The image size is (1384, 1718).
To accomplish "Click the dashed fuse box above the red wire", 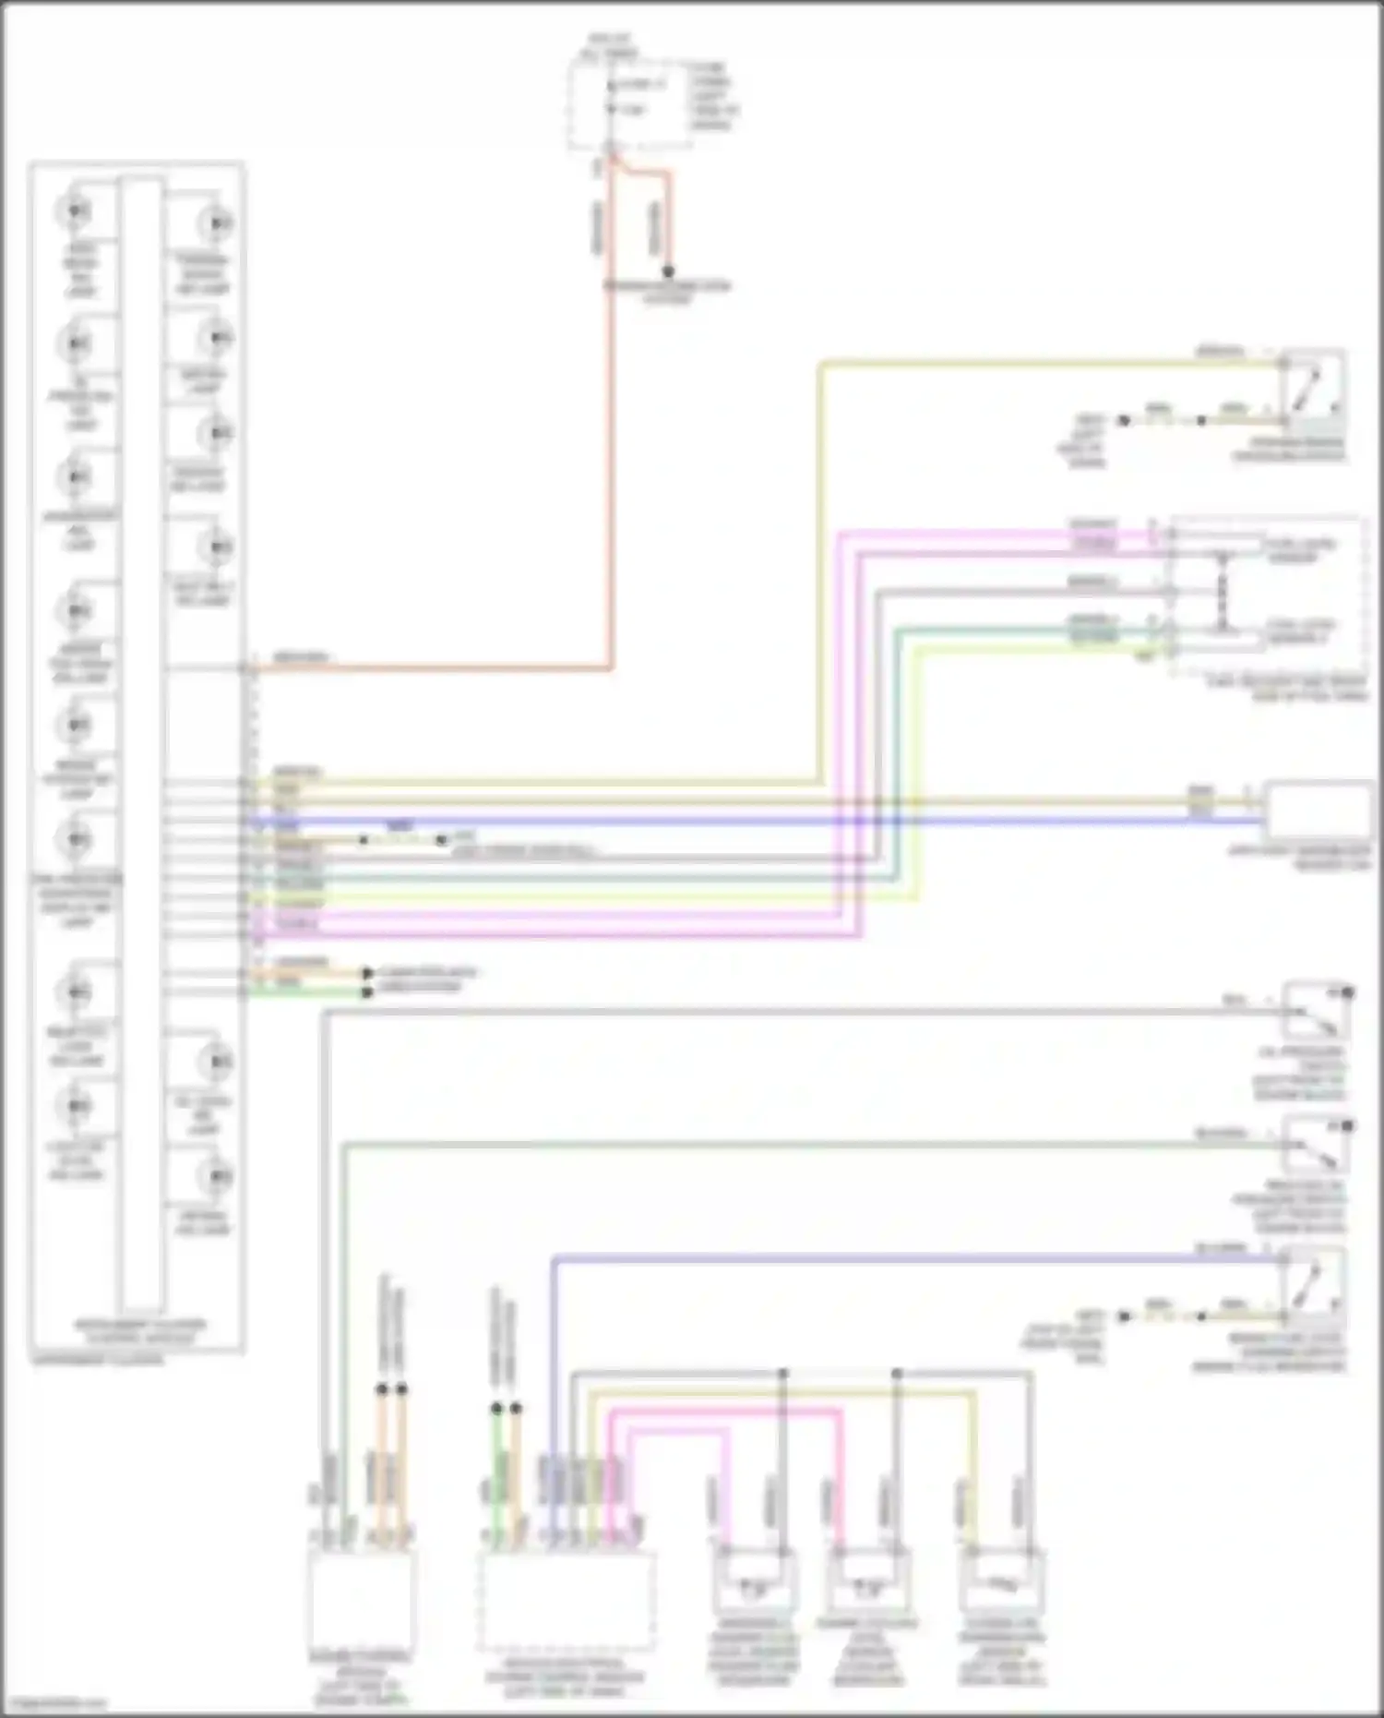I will click(629, 103).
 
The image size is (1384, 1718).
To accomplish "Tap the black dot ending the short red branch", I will click(668, 272).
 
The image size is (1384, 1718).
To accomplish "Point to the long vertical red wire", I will click(610, 415).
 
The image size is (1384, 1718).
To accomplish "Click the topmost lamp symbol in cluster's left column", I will click(75, 211).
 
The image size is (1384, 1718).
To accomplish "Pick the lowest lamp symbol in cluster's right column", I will click(217, 1177).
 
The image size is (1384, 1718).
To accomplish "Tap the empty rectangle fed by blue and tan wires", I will click(1317, 810).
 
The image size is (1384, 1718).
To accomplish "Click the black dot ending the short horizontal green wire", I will click(368, 992).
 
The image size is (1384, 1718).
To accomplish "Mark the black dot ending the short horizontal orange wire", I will click(368, 973).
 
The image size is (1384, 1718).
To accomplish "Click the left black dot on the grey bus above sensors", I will click(783, 1374).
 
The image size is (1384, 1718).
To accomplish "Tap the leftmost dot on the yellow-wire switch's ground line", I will click(1124, 420).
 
